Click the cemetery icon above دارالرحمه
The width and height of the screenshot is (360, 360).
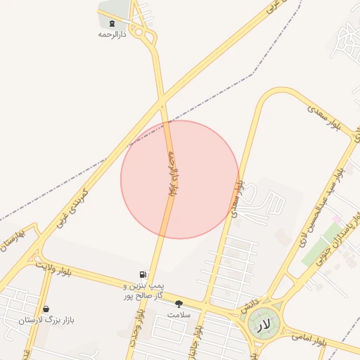pos(112,23)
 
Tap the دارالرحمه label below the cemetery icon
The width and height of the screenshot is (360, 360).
pos(112,34)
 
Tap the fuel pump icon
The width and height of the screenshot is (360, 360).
pos(143,274)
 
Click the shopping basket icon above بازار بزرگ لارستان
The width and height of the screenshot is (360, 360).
pos(46,309)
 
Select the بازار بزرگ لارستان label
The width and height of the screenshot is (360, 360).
pos(46,320)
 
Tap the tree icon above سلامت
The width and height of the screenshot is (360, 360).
pos(179,304)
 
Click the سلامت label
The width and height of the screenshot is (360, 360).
pos(179,314)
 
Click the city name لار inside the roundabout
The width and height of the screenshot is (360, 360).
pos(263,325)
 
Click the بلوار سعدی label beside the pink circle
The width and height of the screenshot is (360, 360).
pos(239,197)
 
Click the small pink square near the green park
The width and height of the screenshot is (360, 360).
pos(336,219)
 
